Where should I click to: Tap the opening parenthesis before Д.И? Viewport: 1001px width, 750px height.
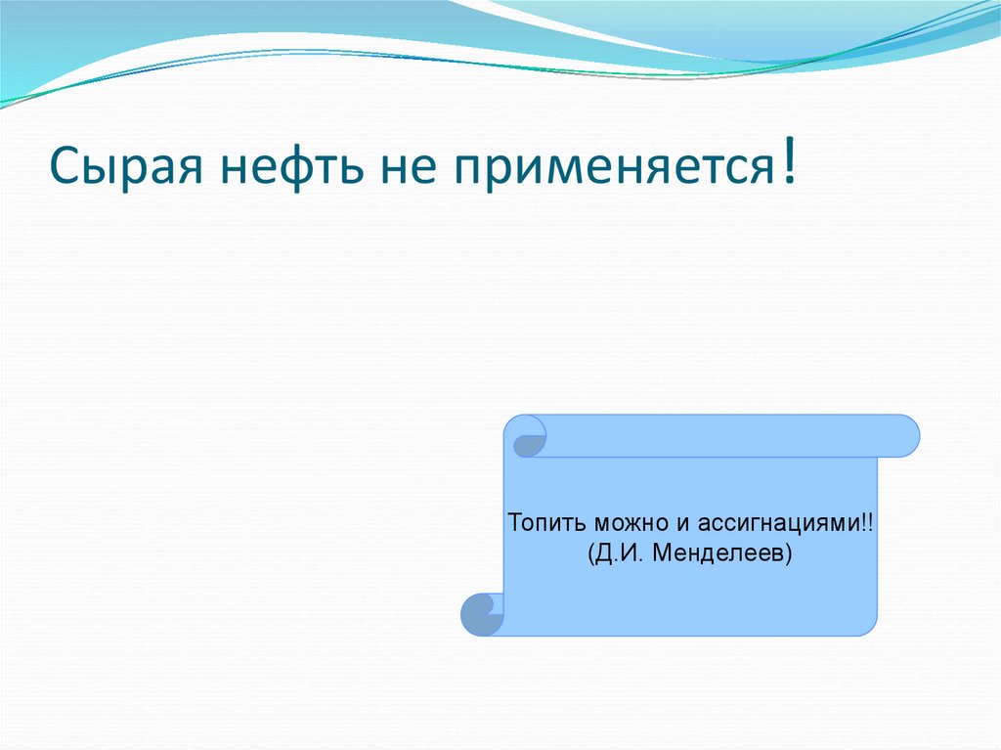(592, 554)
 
